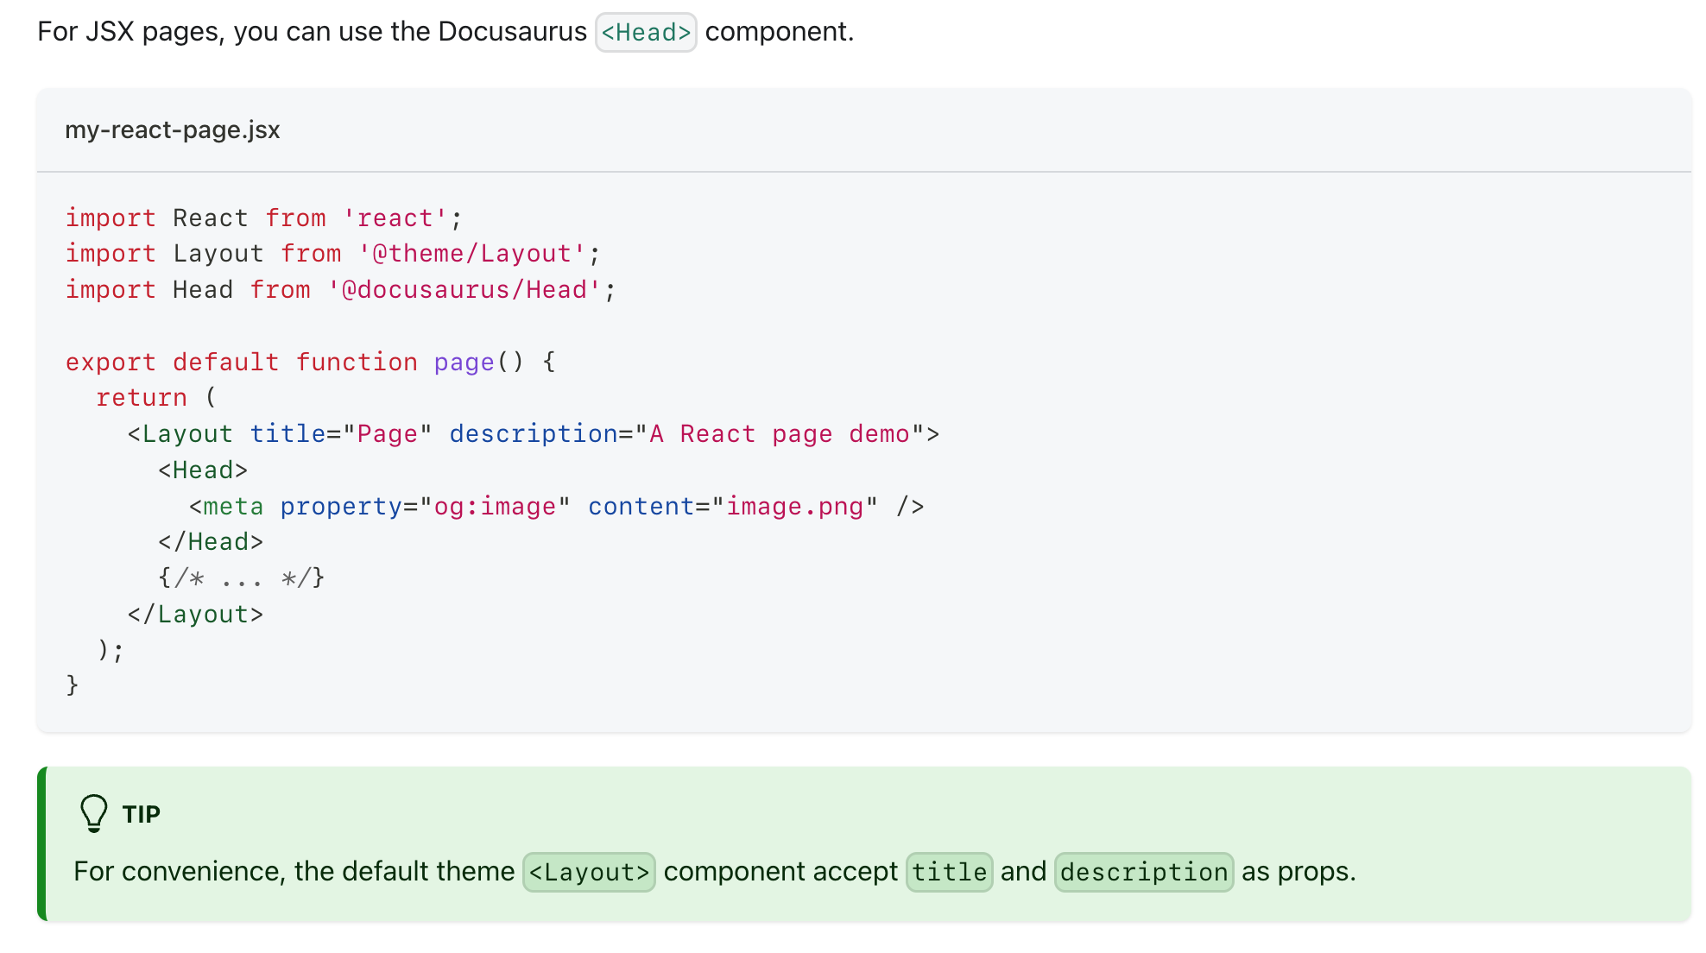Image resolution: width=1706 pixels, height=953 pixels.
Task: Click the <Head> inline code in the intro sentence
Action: click(646, 33)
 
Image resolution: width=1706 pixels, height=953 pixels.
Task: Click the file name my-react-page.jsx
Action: click(173, 130)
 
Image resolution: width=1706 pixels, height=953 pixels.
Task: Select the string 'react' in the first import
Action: click(395, 218)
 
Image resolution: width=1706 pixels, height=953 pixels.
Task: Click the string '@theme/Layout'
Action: click(472, 254)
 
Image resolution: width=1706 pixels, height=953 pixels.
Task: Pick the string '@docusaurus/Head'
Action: click(464, 290)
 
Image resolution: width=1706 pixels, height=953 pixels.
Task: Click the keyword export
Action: click(111, 363)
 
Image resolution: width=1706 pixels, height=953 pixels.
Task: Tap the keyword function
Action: click(357, 363)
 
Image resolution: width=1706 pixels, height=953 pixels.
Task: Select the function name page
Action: click(464, 363)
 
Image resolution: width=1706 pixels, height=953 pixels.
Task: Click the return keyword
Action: click(142, 398)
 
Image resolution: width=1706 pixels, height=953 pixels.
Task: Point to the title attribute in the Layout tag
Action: click(287, 434)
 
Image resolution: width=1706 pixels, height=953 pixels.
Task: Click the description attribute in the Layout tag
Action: click(534, 434)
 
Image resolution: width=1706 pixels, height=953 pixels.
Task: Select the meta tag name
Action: click(233, 507)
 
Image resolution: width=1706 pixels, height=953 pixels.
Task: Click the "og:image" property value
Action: click(495, 507)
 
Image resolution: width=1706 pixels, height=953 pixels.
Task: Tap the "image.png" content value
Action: click(795, 507)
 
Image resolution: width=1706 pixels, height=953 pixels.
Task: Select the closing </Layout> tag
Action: click(195, 615)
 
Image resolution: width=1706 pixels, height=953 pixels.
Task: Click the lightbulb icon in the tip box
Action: click(93, 813)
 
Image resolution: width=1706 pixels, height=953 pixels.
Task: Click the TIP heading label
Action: click(142, 815)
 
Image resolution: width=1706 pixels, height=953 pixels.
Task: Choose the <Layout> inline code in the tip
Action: click(589, 873)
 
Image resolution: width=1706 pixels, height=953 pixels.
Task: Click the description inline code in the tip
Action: click(1144, 873)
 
